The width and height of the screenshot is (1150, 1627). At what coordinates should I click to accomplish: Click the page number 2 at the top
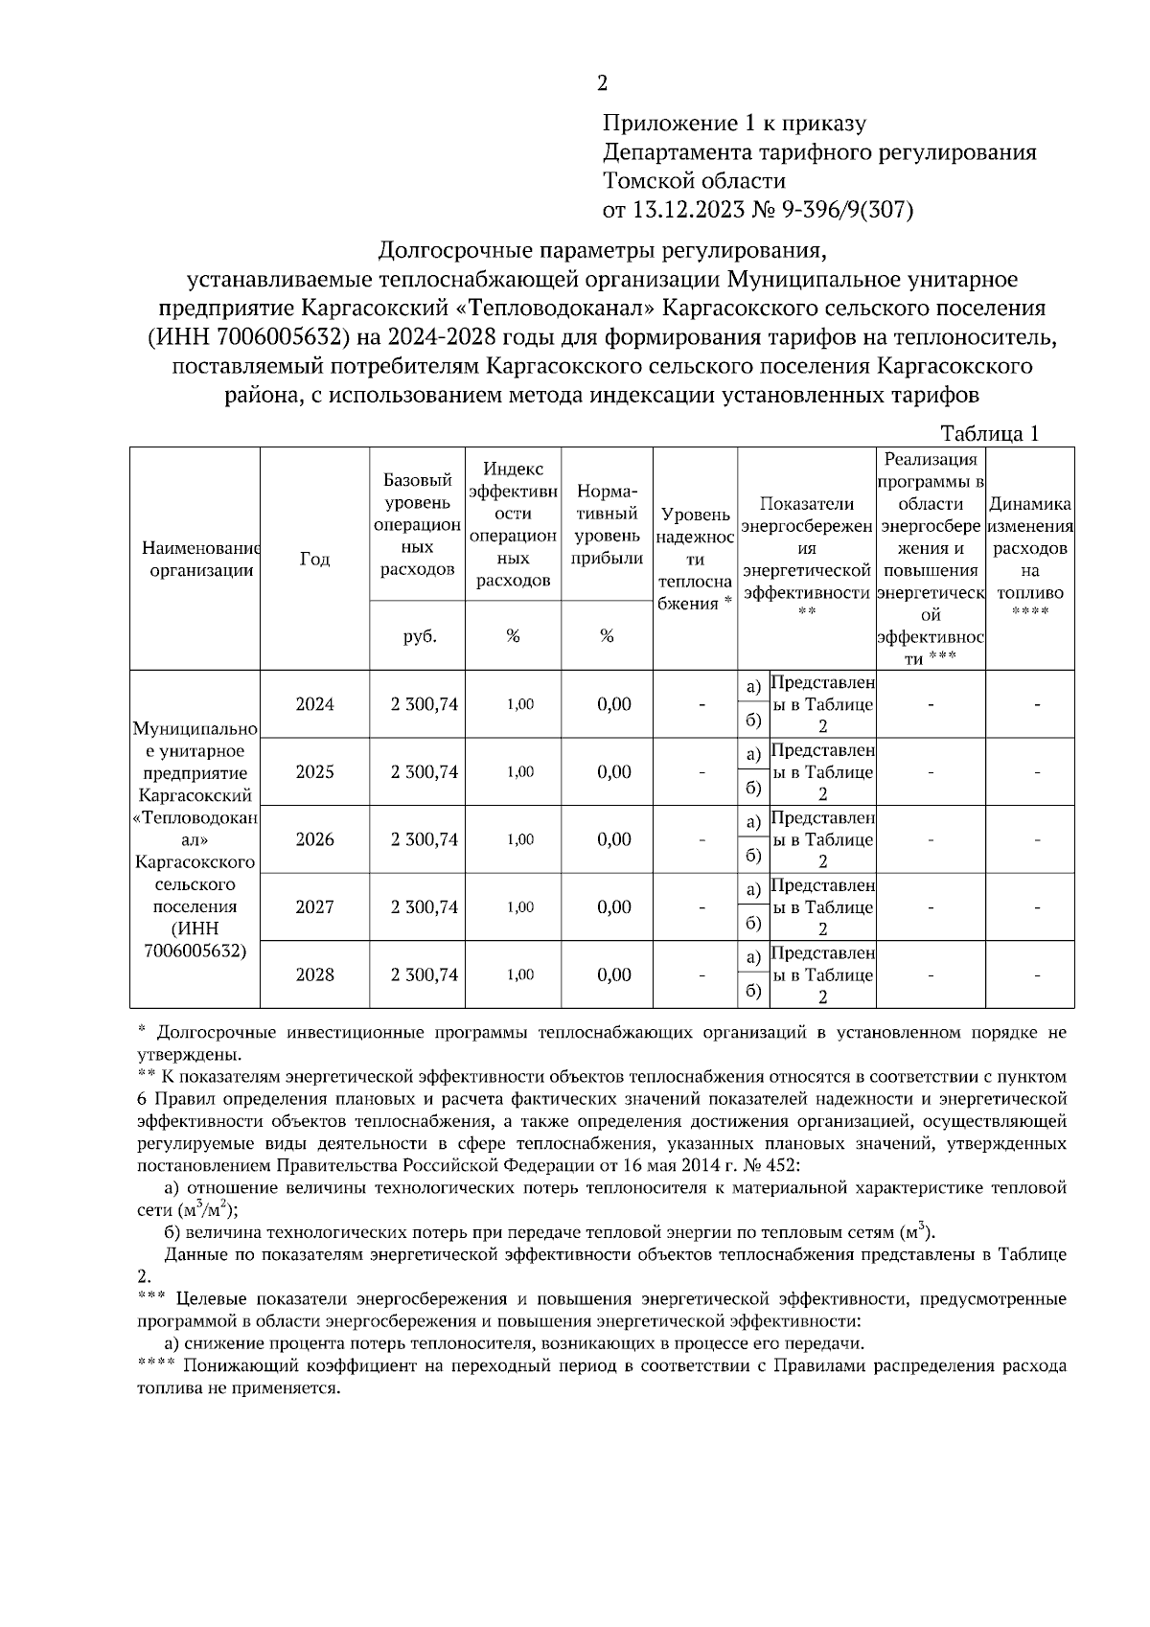[x=602, y=84]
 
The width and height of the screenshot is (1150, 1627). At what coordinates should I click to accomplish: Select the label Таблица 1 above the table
[x=990, y=434]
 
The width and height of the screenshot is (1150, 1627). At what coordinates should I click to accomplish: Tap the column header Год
[x=314, y=559]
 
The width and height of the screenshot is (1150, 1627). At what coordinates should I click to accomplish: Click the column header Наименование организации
[x=196, y=559]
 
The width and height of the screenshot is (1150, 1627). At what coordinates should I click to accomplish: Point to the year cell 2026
[x=314, y=839]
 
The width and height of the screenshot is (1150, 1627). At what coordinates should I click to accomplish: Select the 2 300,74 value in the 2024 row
[x=424, y=704]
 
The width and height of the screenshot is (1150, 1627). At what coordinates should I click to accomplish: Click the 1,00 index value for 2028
[x=519, y=974]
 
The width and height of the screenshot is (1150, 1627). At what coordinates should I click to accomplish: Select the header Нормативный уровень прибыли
[x=607, y=524]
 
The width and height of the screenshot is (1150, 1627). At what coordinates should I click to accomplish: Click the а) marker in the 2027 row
[x=753, y=889]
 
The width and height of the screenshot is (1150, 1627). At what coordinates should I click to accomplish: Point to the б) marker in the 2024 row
[x=753, y=721]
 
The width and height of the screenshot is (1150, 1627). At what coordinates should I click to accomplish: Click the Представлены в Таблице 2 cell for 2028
[x=822, y=974]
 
